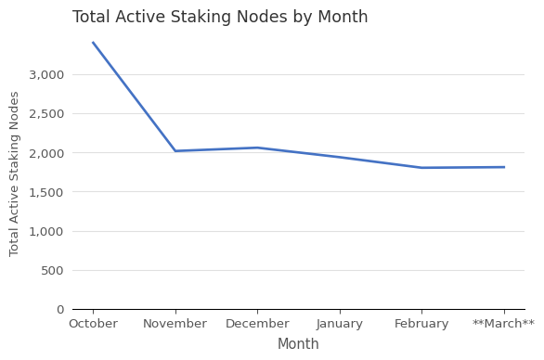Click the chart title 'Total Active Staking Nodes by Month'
pos(220,18)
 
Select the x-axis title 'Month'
pos(298,344)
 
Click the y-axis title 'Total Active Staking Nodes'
pos(15,174)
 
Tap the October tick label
pos(93,324)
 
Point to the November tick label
pos(175,324)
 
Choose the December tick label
pos(257,324)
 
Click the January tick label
pos(340,324)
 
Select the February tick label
pos(421,324)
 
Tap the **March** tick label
pos(503,324)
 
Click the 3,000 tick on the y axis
pos(46,74)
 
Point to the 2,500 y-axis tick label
pos(46,114)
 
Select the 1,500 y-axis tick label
pos(46,192)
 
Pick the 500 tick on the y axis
pos(52,270)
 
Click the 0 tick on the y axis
pos(60,310)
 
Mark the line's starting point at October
pos(93,43)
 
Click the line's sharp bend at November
pos(175,151)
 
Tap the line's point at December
pos(257,148)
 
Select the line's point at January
pos(340,157)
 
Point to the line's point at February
pos(421,168)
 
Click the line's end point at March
pos(504,167)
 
